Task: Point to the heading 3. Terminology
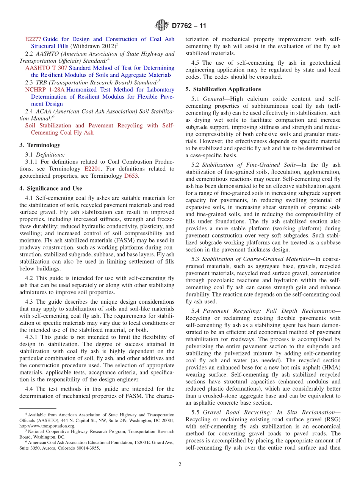(40, 145)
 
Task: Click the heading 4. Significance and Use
(51, 188)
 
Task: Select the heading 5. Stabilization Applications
(223, 89)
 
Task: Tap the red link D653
(131, 176)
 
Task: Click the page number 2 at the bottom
(180, 464)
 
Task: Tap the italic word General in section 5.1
(214, 99)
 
